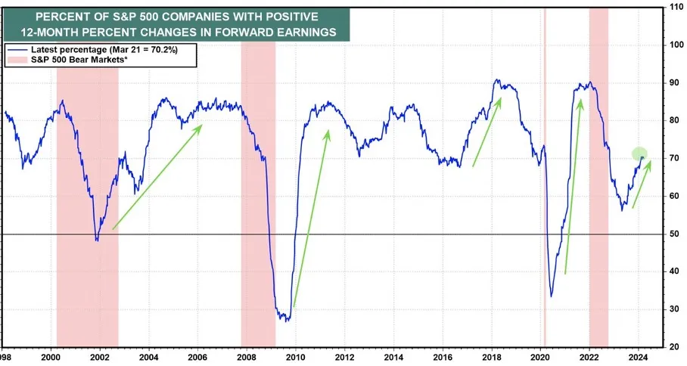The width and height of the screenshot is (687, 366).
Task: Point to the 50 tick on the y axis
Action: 674,234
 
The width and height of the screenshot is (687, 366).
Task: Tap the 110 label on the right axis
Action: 676,7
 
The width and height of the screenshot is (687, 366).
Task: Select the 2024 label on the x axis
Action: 639,357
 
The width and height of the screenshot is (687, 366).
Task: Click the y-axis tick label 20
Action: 674,347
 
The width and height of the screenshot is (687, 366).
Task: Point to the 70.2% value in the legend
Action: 164,50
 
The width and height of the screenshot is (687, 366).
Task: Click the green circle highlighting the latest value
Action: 639,154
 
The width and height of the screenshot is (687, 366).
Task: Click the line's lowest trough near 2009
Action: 287,321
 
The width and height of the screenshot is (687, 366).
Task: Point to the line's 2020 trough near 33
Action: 551,296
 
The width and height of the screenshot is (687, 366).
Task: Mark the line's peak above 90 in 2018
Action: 496,80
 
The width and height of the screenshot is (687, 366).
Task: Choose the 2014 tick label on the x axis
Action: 393,357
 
